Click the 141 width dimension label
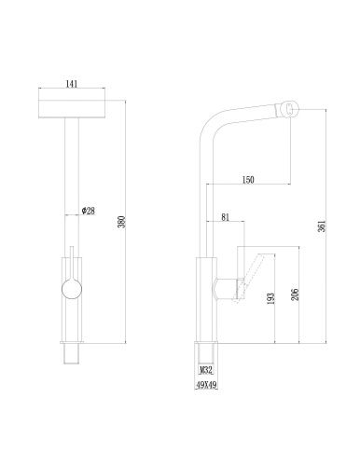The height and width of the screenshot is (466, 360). click(x=71, y=84)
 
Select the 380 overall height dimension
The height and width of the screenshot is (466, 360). click(x=122, y=222)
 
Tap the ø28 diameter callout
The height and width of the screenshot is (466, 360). click(x=88, y=211)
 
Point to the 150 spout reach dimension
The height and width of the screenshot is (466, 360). click(x=248, y=180)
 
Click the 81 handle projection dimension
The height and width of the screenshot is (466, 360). click(x=225, y=217)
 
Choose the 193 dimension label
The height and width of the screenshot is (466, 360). click(x=271, y=298)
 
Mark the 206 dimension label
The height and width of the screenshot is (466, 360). click(x=296, y=295)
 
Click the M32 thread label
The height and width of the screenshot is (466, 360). click(x=206, y=370)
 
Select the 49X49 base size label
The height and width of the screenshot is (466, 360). click(x=206, y=385)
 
